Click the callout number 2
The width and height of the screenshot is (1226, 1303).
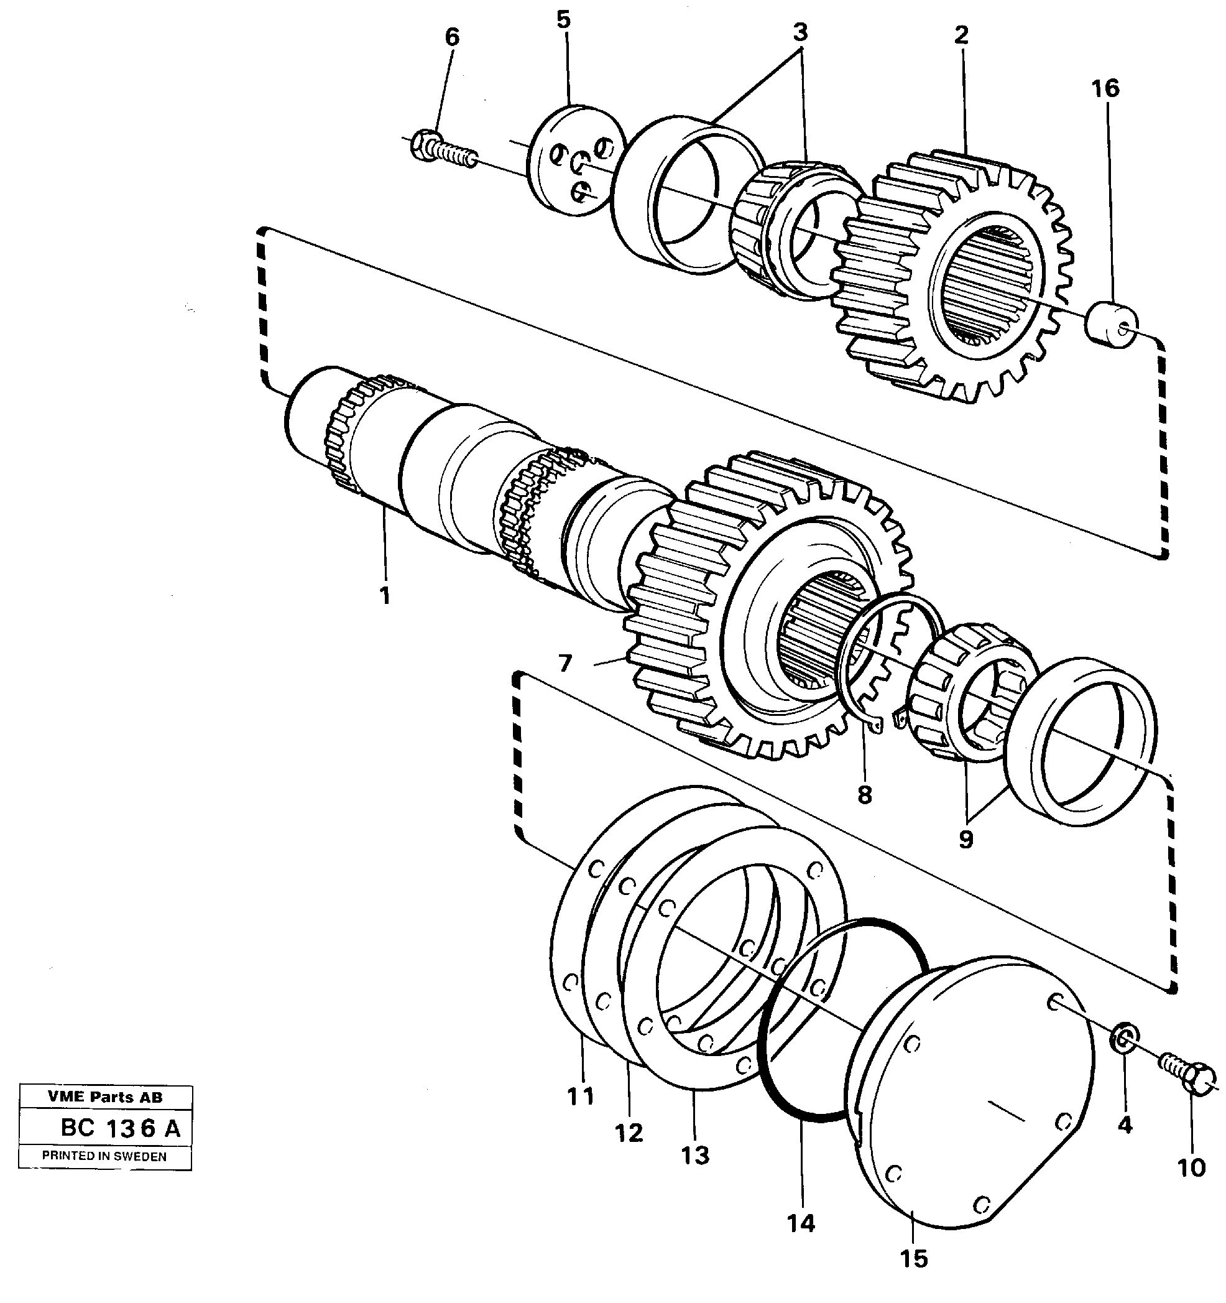coord(961,34)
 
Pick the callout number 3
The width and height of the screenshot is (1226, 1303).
coord(800,32)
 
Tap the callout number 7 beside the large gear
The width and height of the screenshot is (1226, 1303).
coord(565,664)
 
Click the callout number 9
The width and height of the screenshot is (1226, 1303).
coord(966,840)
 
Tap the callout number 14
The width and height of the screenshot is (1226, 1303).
coord(801,1223)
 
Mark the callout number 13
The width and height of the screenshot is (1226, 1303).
coord(694,1155)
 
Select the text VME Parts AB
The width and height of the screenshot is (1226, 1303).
coord(105,1097)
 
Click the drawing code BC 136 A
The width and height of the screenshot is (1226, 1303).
coord(120,1129)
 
